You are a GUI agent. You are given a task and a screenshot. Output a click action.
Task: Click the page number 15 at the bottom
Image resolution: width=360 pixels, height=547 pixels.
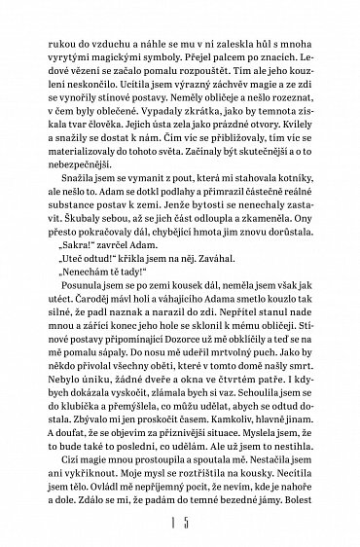(180, 527)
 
